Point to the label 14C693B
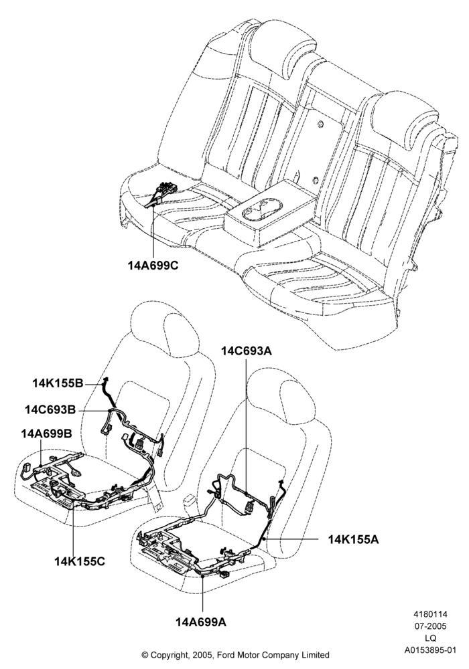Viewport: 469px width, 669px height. pyautogui.click(x=50, y=409)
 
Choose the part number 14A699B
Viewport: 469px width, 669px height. pyautogui.click(x=46, y=434)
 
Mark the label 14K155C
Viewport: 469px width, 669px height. pyautogui.click(x=80, y=561)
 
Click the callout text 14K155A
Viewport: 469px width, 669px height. pyautogui.click(x=353, y=539)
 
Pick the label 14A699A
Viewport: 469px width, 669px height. pyautogui.click(x=201, y=622)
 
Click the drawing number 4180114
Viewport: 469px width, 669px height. pyautogui.click(x=429, y=615)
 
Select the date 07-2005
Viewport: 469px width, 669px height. pyautogui.click(x=429, y=626)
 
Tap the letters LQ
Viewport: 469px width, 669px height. pyautogui.click(x=430, y=638)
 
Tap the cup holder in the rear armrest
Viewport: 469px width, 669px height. pyautogui.click(x=261, y=210)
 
